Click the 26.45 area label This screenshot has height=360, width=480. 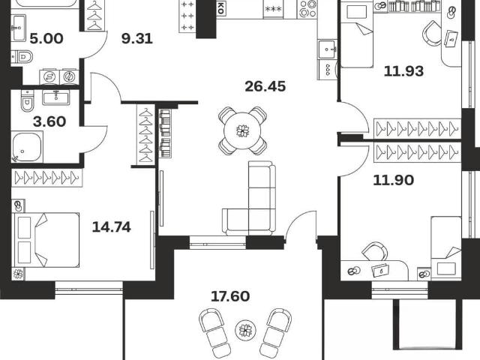pos(265,87)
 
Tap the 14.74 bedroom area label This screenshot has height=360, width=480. pos(112,227)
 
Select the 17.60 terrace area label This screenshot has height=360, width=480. pos(230,296)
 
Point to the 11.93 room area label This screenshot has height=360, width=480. pos(403,71)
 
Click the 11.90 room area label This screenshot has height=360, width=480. pos(393,180)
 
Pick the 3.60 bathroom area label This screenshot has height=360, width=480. pos(49,121)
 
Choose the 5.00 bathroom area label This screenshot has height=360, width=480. pos(46,39)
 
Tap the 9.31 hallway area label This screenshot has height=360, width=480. pos(136,39)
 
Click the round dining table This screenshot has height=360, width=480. pos(242,131)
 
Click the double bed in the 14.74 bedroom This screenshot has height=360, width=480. pos(46,240)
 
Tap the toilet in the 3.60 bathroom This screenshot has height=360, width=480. pos(27,100)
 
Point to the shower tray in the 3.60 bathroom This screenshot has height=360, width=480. pos(27,147)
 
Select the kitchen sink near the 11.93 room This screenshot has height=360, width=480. pos(328,49)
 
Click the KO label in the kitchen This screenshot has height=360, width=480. pos(220,7)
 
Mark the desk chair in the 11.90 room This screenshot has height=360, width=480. pos(375,252)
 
